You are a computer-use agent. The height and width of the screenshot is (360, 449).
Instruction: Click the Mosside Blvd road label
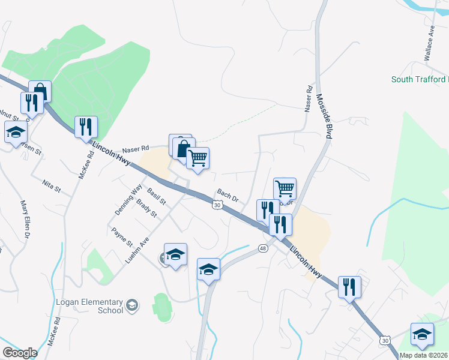324,116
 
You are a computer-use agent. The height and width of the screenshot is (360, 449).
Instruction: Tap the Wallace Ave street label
429,43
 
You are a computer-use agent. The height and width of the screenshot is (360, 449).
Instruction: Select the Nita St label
52,186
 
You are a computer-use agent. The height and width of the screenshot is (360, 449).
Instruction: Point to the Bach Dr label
228,195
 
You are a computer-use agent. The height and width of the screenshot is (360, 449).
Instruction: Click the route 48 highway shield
263,248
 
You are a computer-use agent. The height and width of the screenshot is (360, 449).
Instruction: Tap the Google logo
20,353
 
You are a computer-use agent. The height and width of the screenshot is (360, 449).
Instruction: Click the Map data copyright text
423,355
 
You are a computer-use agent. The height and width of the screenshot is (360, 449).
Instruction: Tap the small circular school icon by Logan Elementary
132,306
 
